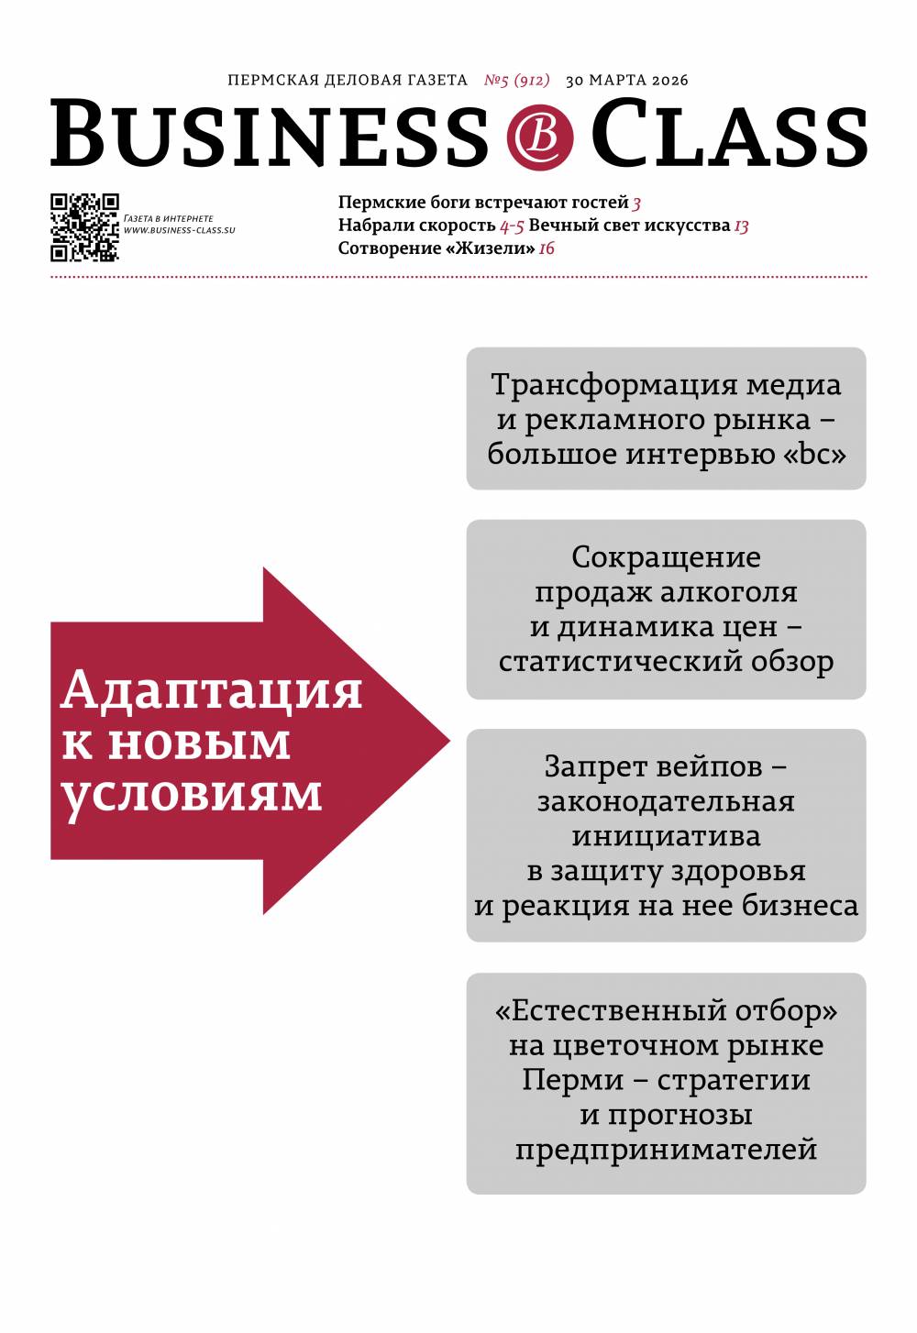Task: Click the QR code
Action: pyautogui.click(x=84, y=226)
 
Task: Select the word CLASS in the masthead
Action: pyautogui.click(x=729, y=135)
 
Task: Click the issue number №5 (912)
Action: pyautogui.click(x=516, y=80)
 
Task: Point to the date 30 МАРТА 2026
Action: pyautogui.click(x=626, y=80)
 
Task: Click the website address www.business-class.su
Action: pyautogui.click(x=180, y=230)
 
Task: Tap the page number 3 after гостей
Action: pyautogui.click(x=636, y=203)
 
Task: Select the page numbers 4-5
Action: pyautogui.click(x=512, y=226)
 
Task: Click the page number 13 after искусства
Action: pyautogui.click(x=741, y=226)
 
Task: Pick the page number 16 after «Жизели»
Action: pyautogui.click(x=547, y=248)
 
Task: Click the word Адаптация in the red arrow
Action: pyautogui.click(x=212, y=689)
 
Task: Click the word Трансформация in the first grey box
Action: pyautogui.click(x=613, y=384)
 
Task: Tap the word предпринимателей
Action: pyautogui.click(x=666, y=1149)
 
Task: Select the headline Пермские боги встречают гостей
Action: pyautogui.click(x=483, y=203)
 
